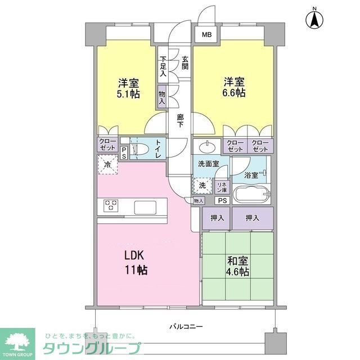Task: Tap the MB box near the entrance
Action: [207, 35]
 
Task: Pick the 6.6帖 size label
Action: [232, 93]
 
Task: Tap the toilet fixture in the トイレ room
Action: [143, 149]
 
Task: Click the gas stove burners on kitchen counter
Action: [110, 206]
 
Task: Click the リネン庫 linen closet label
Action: [222, 186]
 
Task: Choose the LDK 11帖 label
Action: [136, 262]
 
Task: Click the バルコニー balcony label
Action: [186, 327]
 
